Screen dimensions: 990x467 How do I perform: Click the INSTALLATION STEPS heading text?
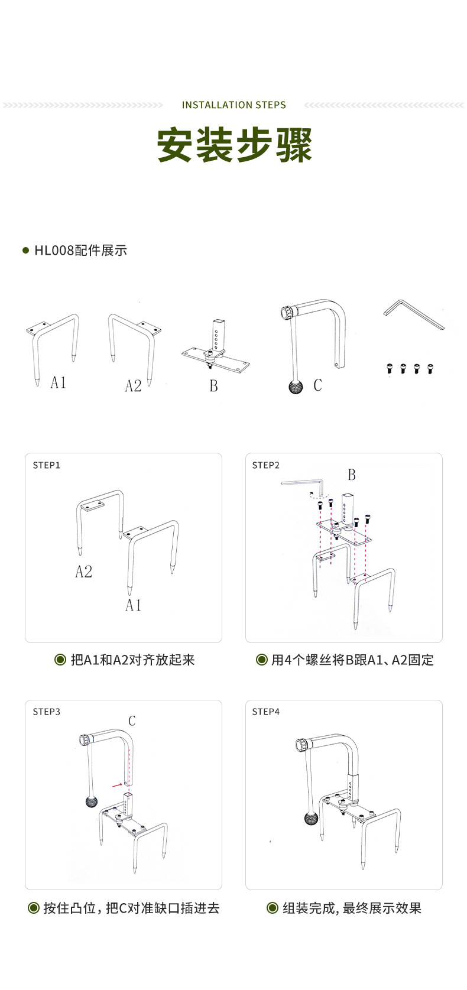click(x=234, y=105)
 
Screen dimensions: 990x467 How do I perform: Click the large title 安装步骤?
click(x=234, y=145)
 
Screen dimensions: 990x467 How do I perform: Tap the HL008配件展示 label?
click(x=80, y=251)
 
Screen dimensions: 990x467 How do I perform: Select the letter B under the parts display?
click(x=213, y=386)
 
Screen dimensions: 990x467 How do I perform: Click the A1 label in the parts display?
click(x=58, y=382)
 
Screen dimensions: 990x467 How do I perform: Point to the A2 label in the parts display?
click(x=133, y=386)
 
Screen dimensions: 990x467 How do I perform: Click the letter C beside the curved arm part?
click(x=317, y=385)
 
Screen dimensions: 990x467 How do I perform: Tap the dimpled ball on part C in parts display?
click(x=296, y=387)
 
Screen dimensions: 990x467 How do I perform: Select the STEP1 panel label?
click(x=47, y=465)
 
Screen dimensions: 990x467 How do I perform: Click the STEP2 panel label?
click(x=266, y=465)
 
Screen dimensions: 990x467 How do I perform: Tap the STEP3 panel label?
click(x=47, y=712)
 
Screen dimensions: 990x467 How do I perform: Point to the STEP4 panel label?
click(x=266, y=712)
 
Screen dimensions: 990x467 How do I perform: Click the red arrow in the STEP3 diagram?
click(x=116, y=784)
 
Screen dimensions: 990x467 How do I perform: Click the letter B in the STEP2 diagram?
click(x=352, y=475)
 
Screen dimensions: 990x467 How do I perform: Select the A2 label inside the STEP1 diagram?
click(x=83, y=572)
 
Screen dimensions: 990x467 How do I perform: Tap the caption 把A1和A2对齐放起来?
click(x=132, y=660)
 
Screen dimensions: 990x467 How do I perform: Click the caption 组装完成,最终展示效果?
click(x=352, y=908)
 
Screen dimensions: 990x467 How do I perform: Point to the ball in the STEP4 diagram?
click(x=311, y=819)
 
